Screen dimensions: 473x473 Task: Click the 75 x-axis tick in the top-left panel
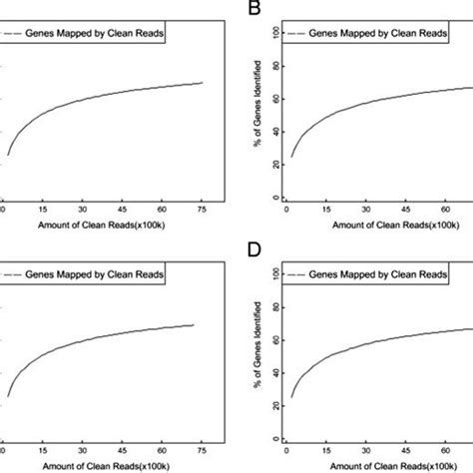tap(203, 212)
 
